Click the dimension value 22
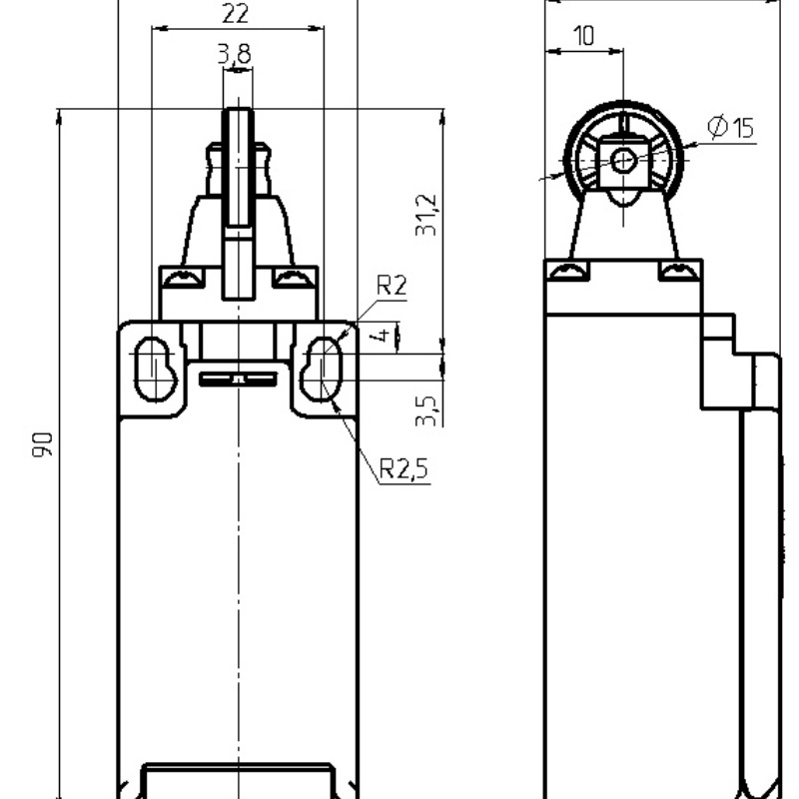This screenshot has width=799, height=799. [236, 13]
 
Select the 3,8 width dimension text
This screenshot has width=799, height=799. [235, 54]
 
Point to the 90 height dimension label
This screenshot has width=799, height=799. [42, 444]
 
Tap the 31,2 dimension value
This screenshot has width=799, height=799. [426, 215]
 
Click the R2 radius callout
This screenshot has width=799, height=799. [392, 285]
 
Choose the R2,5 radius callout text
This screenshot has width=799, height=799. [404, 468]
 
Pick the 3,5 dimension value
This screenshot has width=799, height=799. [426, 410]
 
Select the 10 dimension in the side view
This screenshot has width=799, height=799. [584, 36]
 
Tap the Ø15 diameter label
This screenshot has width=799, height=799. [731, 127]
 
